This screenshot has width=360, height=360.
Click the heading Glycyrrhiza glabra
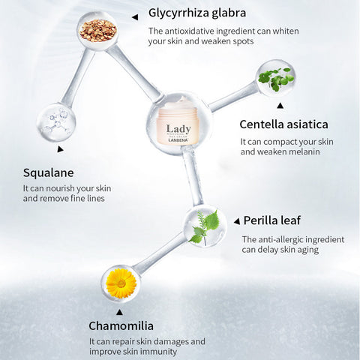(197, 13)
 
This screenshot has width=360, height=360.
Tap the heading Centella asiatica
(283, 124)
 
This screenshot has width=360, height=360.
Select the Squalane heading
(49, 173)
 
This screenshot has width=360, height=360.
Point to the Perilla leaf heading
(272, 220)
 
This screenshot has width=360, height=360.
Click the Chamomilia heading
(121, 326)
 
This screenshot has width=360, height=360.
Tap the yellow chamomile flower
(121, 283)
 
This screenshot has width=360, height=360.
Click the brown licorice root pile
(98, 31)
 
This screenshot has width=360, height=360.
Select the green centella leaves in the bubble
(276, 79)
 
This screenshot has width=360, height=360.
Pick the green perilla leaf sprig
(205, 227)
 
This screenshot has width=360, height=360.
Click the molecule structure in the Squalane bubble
(56, 122)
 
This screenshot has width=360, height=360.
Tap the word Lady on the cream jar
(178, 129)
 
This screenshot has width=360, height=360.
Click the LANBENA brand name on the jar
(178, 140)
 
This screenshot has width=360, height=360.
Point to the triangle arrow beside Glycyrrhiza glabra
(135, 17)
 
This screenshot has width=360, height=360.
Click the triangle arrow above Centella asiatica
(280, 106)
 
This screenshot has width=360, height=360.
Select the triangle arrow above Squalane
(60, 149)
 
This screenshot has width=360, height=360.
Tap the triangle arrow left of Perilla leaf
(237, 221)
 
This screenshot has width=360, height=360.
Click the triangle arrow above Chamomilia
(120, 312)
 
